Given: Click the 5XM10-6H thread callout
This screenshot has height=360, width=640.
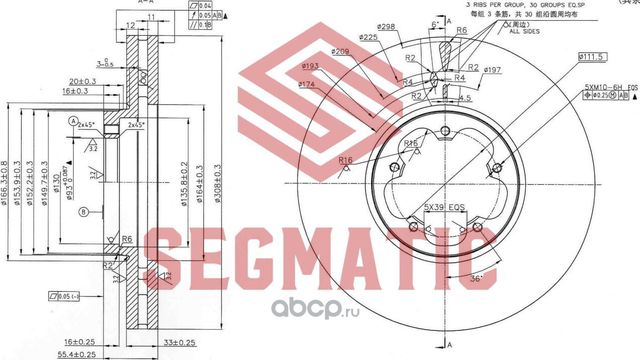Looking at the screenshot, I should [604, 89].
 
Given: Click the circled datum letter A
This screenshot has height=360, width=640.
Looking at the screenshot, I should [73, 121].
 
